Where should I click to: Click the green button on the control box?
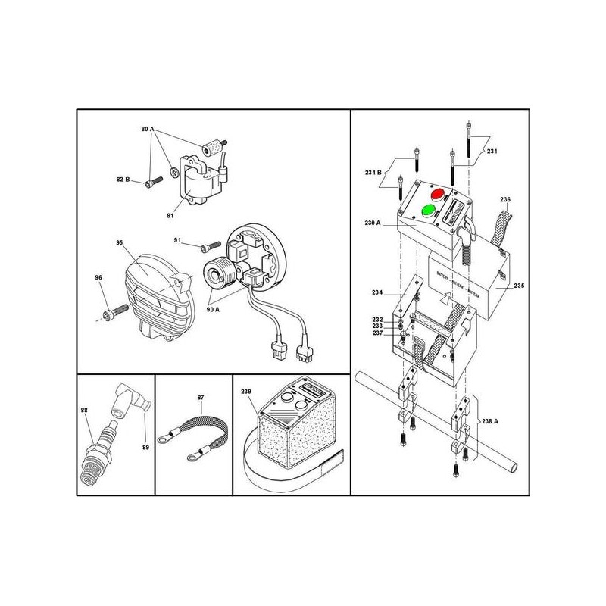point(429,209)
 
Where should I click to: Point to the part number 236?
point(506,199)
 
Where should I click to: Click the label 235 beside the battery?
point(519,286)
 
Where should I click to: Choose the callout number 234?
point(379,292)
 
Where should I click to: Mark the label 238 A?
point(491,423)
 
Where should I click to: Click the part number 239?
point(245,392)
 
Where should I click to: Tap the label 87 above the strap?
point(201,396)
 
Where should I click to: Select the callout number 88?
point(84,410)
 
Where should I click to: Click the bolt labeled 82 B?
point(155,180)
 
